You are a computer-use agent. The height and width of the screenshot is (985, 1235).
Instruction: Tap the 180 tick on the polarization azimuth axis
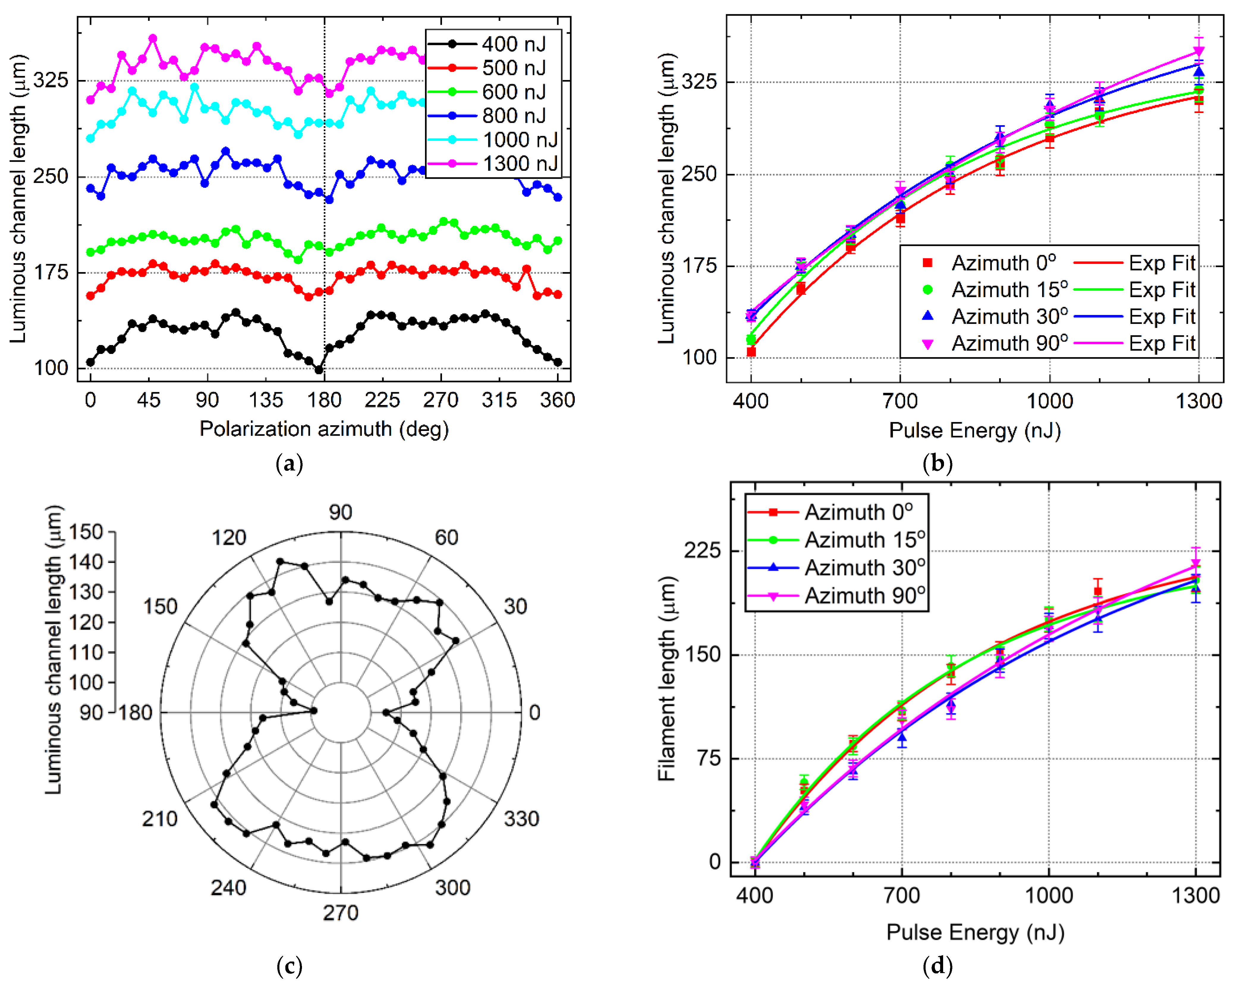click(324, 400)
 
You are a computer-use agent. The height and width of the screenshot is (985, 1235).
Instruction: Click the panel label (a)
click(289, 463)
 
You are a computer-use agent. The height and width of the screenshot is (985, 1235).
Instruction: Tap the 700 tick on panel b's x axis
click(900, 401)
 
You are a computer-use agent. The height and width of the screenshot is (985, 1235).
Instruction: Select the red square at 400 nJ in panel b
click(751, 352)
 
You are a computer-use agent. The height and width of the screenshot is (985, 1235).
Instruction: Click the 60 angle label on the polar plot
click(446, 537)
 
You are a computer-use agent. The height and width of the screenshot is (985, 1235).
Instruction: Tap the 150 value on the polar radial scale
click(86, 532)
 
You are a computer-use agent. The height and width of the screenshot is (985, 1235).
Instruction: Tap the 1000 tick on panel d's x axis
click(1048, 895)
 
